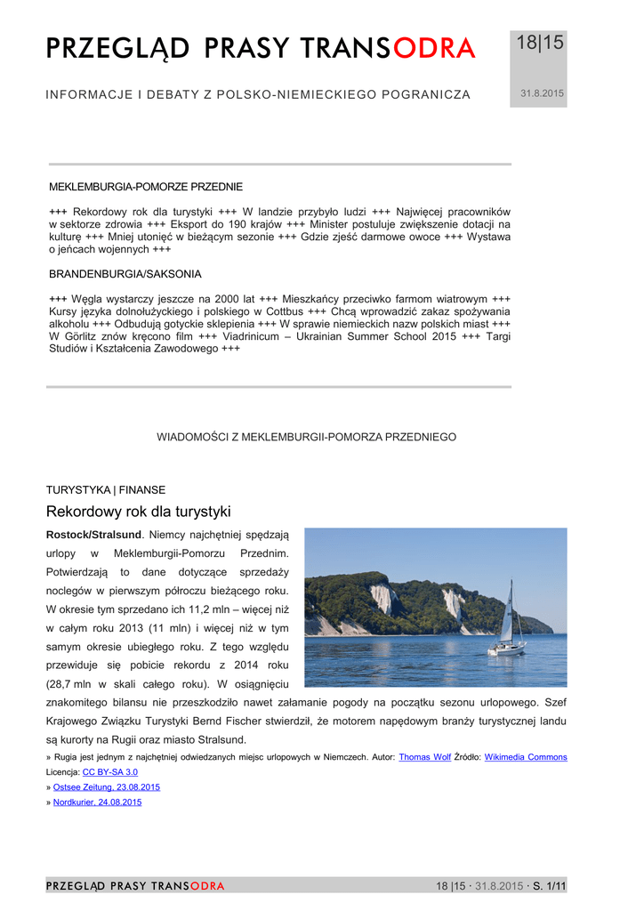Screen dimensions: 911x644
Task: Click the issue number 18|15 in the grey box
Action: [x=541, y=44]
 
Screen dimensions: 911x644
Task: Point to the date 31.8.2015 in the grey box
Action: [x=541, y=93]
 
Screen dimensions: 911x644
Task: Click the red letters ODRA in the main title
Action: [x=434, y=49]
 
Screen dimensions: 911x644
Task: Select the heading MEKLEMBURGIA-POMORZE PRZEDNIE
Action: [x=145, y=187]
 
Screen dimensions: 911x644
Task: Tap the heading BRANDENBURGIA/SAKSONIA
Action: [x=125, y=274]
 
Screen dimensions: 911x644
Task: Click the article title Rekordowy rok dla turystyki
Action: [x=138, y=512]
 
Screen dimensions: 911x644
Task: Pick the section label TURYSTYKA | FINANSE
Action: [x=105, y=489]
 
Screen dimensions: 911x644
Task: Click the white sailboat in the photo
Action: [x=507, y=627]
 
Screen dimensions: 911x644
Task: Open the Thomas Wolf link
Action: [x=424, y=757]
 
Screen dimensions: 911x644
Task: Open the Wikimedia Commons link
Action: [x=525, y=757]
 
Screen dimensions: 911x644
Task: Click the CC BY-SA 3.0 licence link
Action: [x=110, y=772]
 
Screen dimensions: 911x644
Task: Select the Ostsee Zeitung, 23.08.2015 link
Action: [x=107, y=787]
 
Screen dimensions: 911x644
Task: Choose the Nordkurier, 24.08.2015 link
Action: [x=97, y=802]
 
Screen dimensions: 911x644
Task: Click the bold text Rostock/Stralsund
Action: [x=93, y=535]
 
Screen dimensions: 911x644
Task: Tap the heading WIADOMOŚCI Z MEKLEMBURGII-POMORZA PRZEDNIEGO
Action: [x=307, y=437]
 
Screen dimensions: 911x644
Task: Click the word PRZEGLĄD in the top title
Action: [x=117, y=49]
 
